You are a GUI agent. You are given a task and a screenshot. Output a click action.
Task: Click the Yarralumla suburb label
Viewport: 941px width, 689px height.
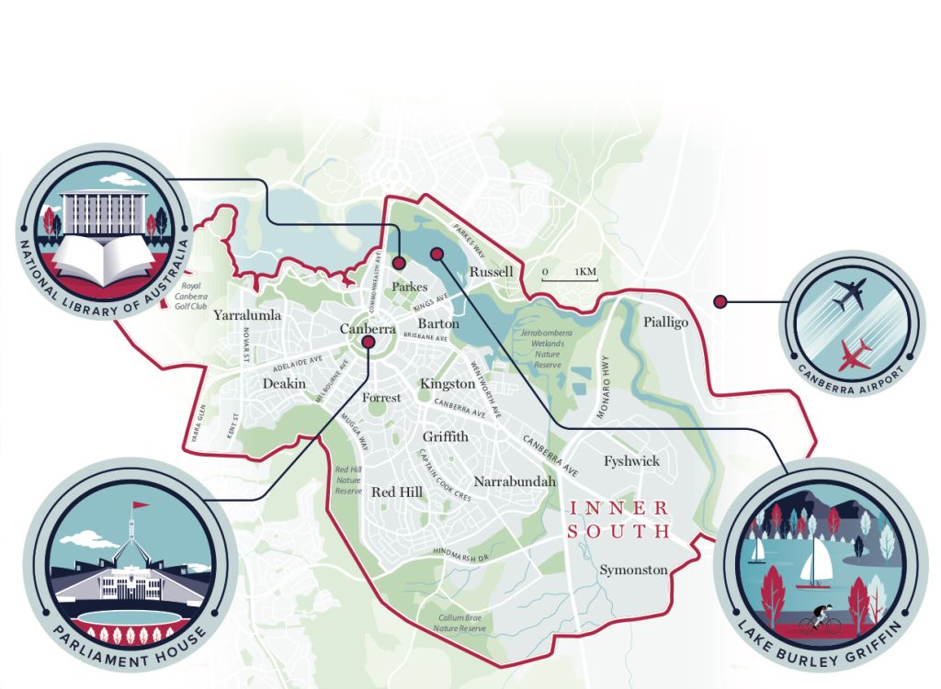pyautogui.click(x=247, y=315)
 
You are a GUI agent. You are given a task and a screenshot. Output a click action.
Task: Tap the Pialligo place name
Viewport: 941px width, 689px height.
pyautogui.click(x=665, y=322)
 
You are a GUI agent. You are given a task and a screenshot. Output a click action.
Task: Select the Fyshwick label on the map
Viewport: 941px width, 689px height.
pyautogui.click(x=631, y=461)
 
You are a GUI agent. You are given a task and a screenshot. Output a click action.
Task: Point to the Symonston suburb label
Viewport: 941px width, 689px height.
pyautogui.click(x=633, y=570)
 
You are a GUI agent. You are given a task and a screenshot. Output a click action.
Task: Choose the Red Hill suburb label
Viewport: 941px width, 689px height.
pyautogui.click(x=397, y=492)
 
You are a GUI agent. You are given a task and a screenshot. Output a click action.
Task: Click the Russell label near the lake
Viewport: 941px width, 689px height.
pyautogui.click(x=491, y=272)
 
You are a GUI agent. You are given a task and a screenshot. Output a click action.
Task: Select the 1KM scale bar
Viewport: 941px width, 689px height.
pyautogui.click(x=569, y=274)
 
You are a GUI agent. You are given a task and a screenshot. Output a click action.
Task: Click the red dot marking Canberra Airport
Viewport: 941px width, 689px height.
pyautogui.click(x=721, y=299)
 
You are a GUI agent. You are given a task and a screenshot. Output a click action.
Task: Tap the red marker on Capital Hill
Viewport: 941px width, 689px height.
pyautogui.click(x=368, y=343)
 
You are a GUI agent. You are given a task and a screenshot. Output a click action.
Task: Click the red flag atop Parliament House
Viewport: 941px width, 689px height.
pyautogui.click(x=141, y=504)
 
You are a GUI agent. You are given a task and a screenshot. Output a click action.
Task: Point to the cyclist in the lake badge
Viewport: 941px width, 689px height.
pyautogui.click(x=820, y=620)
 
